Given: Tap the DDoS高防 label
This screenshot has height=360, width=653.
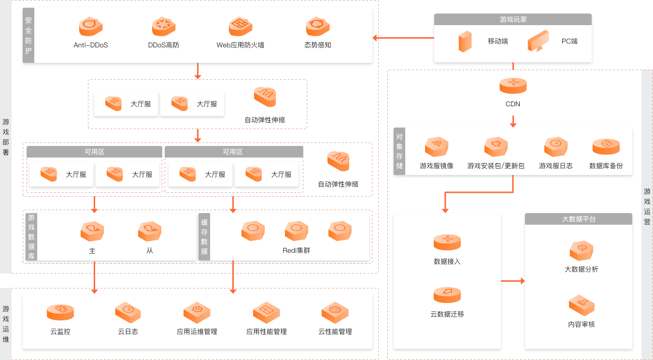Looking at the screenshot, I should click(164, 45).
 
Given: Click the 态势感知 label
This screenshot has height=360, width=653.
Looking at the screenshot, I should click(318, 45).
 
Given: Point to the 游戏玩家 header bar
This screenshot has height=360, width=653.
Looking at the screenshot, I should click(512, 19).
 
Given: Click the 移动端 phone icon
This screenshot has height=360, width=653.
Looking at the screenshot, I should click(465, 42).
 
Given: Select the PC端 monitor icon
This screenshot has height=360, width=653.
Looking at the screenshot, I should click(538, 41).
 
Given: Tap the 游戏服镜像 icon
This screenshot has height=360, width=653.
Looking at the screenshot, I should click(437, 146).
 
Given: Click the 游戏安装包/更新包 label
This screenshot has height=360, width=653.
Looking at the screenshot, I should click(496, 166).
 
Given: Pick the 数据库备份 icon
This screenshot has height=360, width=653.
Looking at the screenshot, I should click(606, 146).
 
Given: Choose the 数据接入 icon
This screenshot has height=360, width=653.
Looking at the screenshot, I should click(447, 242).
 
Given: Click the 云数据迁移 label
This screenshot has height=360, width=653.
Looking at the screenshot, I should click(447, 314).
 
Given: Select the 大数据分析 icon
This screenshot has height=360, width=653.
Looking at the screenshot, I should click(582, 251).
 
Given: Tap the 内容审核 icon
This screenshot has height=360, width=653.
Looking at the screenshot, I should click(582, 305).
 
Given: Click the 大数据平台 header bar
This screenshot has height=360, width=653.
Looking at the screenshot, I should click(578, 219).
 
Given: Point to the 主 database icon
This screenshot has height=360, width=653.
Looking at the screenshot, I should click(92, 232).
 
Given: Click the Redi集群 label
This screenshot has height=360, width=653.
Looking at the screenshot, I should click(297, 250).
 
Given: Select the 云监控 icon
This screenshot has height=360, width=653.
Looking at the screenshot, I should click(60, 312).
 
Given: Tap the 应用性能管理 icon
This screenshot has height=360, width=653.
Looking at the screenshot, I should click(267, 312).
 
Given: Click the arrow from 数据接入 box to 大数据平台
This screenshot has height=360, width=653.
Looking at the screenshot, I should click(513, 281).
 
